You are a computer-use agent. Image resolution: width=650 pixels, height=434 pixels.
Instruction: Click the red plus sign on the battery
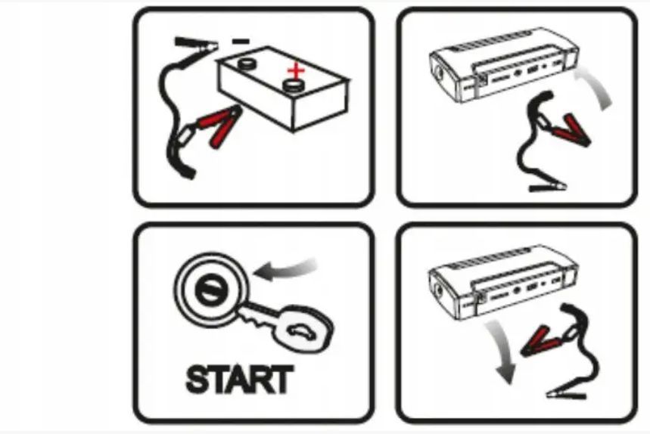pos(296,71)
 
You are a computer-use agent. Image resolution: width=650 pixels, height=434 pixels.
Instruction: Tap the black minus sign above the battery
pos(241,41)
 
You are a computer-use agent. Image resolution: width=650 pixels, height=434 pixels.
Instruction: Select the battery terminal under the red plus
pos(294,85)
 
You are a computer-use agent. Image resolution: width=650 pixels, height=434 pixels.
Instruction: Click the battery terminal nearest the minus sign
pos(247,64)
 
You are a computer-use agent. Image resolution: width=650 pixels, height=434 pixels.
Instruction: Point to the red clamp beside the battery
pos(219,126)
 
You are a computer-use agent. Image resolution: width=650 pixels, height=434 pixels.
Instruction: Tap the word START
pos(240,380)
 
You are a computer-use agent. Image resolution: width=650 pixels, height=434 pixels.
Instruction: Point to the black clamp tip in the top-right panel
pos(548,188)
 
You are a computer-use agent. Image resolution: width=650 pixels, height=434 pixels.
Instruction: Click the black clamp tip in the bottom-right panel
pos(566,394)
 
